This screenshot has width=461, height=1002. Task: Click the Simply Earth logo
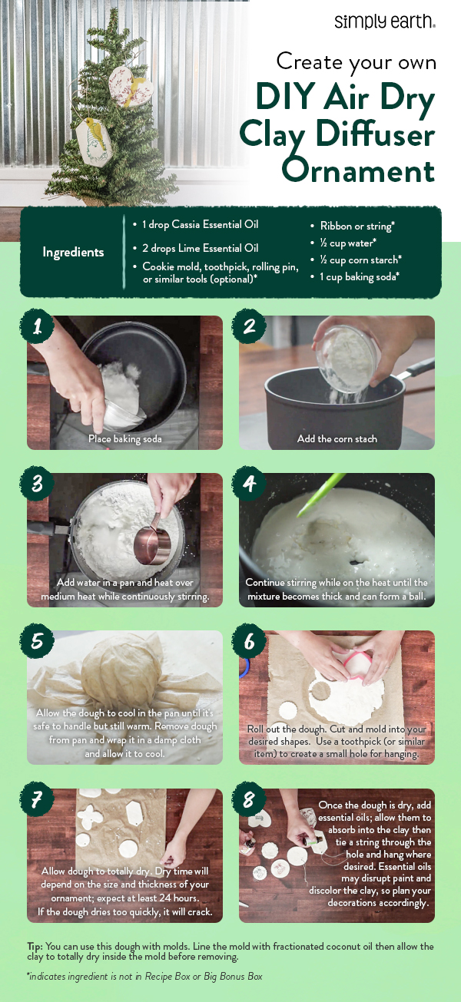point(385,21)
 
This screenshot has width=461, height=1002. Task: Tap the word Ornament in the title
point(358,168)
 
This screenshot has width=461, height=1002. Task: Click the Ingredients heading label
point(73,252)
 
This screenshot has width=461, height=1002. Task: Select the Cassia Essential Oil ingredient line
point(201,224)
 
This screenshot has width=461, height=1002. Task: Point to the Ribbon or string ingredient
point(353,227)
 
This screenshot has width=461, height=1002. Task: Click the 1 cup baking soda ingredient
point(360,276)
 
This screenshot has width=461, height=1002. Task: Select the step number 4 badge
point(249,485)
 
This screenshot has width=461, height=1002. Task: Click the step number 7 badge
point(36,800)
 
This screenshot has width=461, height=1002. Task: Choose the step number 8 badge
point(249,800)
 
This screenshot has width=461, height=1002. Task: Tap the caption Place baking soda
point(124,438)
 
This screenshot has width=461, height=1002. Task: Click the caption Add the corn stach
point(337,438)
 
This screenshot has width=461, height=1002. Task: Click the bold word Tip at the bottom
point(36,946)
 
